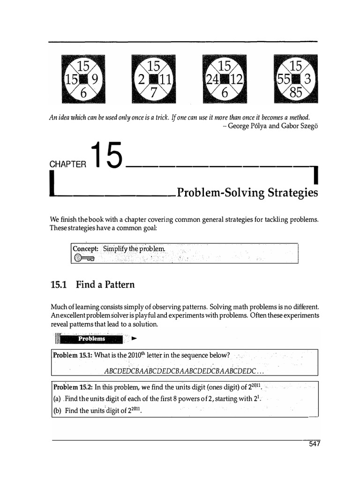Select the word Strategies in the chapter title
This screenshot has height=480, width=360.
coord(292,193)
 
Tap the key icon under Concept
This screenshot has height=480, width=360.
coord(84,257)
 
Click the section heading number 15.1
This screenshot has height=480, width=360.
coord(60,285)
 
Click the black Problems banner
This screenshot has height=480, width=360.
coord(92,338)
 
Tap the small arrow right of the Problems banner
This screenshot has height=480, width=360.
coord(135,337)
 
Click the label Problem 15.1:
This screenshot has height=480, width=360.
coord(73,355)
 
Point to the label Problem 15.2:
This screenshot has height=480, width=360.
coord(73,387)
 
